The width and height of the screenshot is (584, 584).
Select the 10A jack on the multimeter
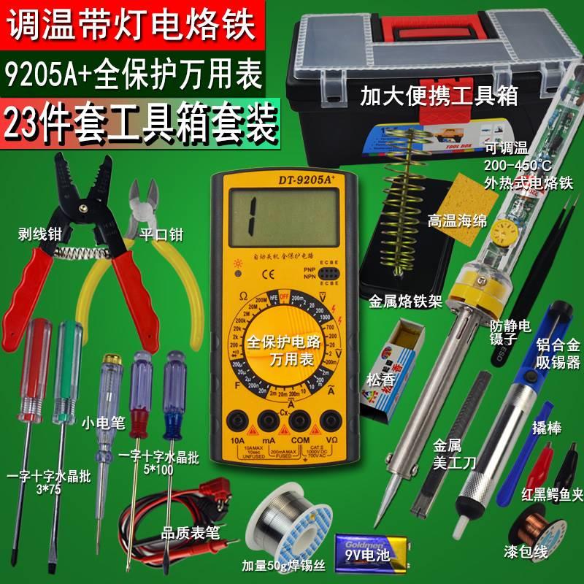235,423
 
